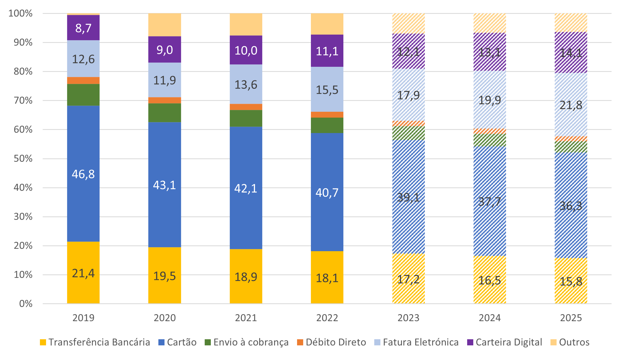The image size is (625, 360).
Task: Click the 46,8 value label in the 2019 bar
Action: click(x=83, y=174)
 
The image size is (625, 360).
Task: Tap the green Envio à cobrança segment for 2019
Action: click(x=83, y=95)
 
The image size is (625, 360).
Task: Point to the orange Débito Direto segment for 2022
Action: click(x=327, y=115)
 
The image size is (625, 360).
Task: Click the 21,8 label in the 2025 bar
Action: click(x=571, y=105)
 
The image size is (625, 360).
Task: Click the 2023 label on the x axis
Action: click(x=408, y=318)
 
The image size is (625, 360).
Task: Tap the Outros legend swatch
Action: click(x=553, y=342)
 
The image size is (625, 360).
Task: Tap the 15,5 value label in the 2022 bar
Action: click(x=327, y=90)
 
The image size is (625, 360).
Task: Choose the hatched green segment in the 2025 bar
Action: click(x=571, y=147)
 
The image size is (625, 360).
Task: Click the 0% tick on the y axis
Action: click(x=26, y=304)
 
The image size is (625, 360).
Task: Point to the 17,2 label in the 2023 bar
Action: click(x=408, y=279)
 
